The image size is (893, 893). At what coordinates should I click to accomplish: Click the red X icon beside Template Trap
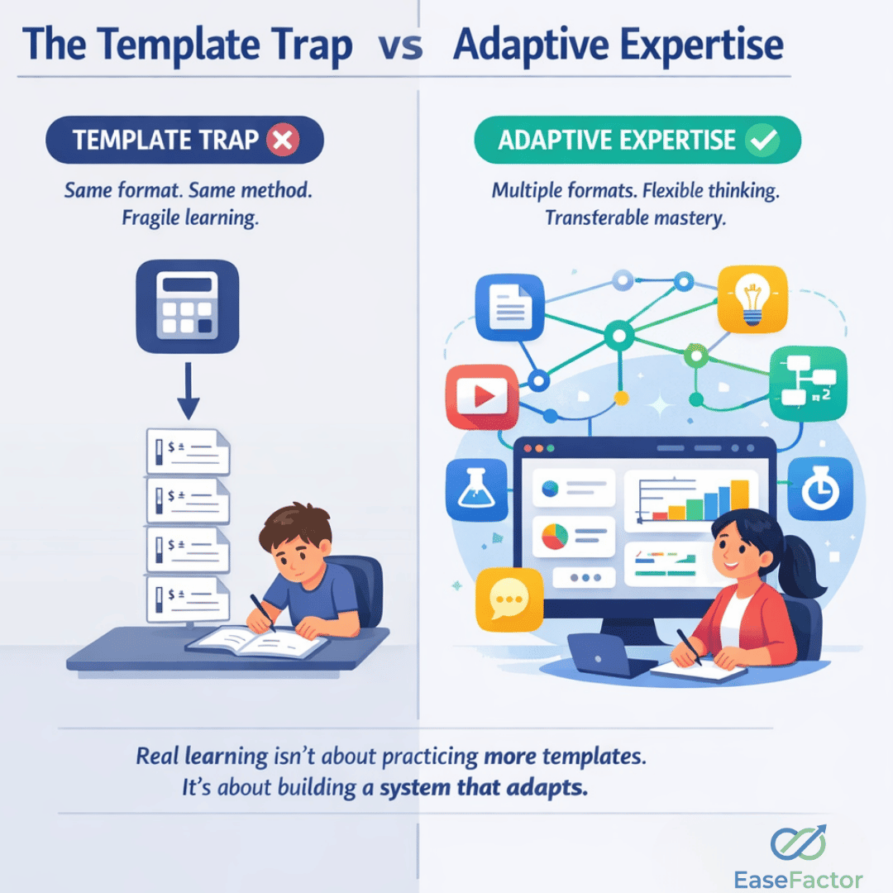click(283, 141)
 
